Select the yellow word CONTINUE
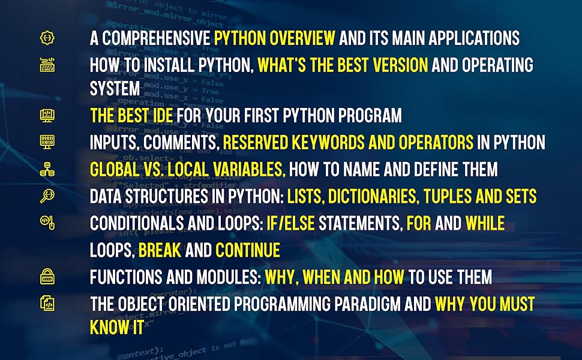(x=248, y=250)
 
